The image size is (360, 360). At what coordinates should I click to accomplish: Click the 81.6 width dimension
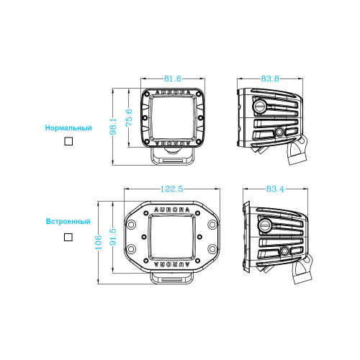pyautogui.click(x=174, y=78)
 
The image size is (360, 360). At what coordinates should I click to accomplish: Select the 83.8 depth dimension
pyautogui.click(x=271, y=78)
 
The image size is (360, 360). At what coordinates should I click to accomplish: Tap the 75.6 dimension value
pyautogui.click(x=129, y=116)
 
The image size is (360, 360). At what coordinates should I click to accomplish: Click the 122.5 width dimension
pyautogui.click(x=173, y=189)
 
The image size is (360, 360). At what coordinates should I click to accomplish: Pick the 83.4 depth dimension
pyautogui.click(x=274, y=189)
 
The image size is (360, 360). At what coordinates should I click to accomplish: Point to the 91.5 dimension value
pyautogui.click(x=112, y=235)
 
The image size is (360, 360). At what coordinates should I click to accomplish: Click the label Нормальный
pyautogui.click(x=68, y=127)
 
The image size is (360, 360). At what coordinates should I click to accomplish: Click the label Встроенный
pyautogui.click(x=68, y=222)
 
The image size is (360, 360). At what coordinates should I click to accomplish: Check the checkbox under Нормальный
pyautogui.click(x=68, y=141)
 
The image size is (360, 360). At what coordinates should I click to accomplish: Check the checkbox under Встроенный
pyautogui.click(x=68, y=236)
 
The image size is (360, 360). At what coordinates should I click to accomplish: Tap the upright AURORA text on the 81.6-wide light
pyautogui.click(x=174, y=94)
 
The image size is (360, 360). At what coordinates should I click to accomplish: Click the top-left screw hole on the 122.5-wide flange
pyautogui.click(x=135, y=223)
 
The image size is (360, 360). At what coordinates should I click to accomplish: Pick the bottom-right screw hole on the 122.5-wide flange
pyautogui.click(x=210, y=249)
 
